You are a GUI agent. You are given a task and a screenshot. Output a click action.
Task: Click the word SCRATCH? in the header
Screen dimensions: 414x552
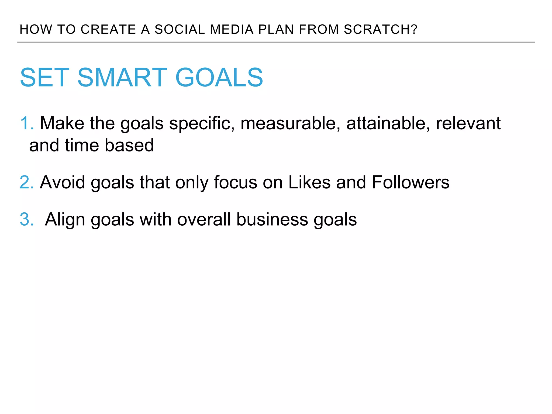point(380,29)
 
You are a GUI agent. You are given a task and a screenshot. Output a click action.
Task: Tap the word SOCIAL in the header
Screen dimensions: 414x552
point(180,29)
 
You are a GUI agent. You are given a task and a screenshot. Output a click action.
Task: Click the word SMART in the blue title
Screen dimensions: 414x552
point(122,78)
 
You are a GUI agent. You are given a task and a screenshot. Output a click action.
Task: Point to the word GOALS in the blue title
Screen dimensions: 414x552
point(219,78)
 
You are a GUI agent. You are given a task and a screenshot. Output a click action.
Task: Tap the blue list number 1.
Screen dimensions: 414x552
point(26,123)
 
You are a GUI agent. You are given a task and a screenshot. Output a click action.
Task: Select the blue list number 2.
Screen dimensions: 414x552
point(26,182)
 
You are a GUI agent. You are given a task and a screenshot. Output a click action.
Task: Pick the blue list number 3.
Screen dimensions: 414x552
point(26,219)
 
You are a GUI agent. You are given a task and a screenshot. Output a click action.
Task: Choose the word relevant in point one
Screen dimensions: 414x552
point(468,123)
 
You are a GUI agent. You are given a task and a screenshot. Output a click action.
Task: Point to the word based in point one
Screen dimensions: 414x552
point(129,146)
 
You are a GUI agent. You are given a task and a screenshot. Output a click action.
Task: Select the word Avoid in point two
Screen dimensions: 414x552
point(63,182)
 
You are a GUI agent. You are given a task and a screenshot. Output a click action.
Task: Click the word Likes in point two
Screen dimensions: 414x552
point(309,182)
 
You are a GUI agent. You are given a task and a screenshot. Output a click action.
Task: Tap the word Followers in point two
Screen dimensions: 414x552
point(410,182)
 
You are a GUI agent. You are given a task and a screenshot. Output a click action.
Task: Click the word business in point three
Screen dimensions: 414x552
point(272,219)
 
